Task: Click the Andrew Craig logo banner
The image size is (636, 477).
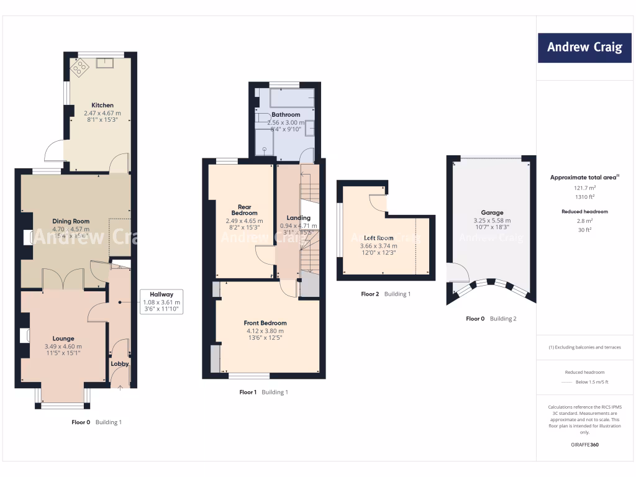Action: click(x=584, y=47)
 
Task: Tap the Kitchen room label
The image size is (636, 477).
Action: click(x=102, y=105)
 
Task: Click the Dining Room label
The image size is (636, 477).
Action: click(x=71, y=221)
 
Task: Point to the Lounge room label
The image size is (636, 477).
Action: click(x=63, y=338)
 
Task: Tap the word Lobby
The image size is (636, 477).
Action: click(x=119, y=364)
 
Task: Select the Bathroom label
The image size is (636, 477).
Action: click(x=285, y=115)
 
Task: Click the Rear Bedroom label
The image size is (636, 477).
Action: click(x=240, y=210)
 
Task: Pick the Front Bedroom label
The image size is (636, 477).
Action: click(x=265, y=323)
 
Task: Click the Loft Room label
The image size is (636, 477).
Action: click(x=378, y=238)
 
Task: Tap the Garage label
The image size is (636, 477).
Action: click(x=492, y=212)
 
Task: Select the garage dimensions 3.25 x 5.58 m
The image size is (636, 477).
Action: click(x=492, y=220)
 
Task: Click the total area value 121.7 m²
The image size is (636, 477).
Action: click(x=584, y=187)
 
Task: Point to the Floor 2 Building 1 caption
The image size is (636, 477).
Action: click(x=386, y=294)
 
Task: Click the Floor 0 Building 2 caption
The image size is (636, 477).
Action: click(x=491, y=319)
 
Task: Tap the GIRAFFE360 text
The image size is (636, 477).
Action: click(x=584, y=445)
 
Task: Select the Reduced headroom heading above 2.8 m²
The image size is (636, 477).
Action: click(x=584, y=212)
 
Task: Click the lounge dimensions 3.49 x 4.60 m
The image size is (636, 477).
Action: click(x=63, y=347)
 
